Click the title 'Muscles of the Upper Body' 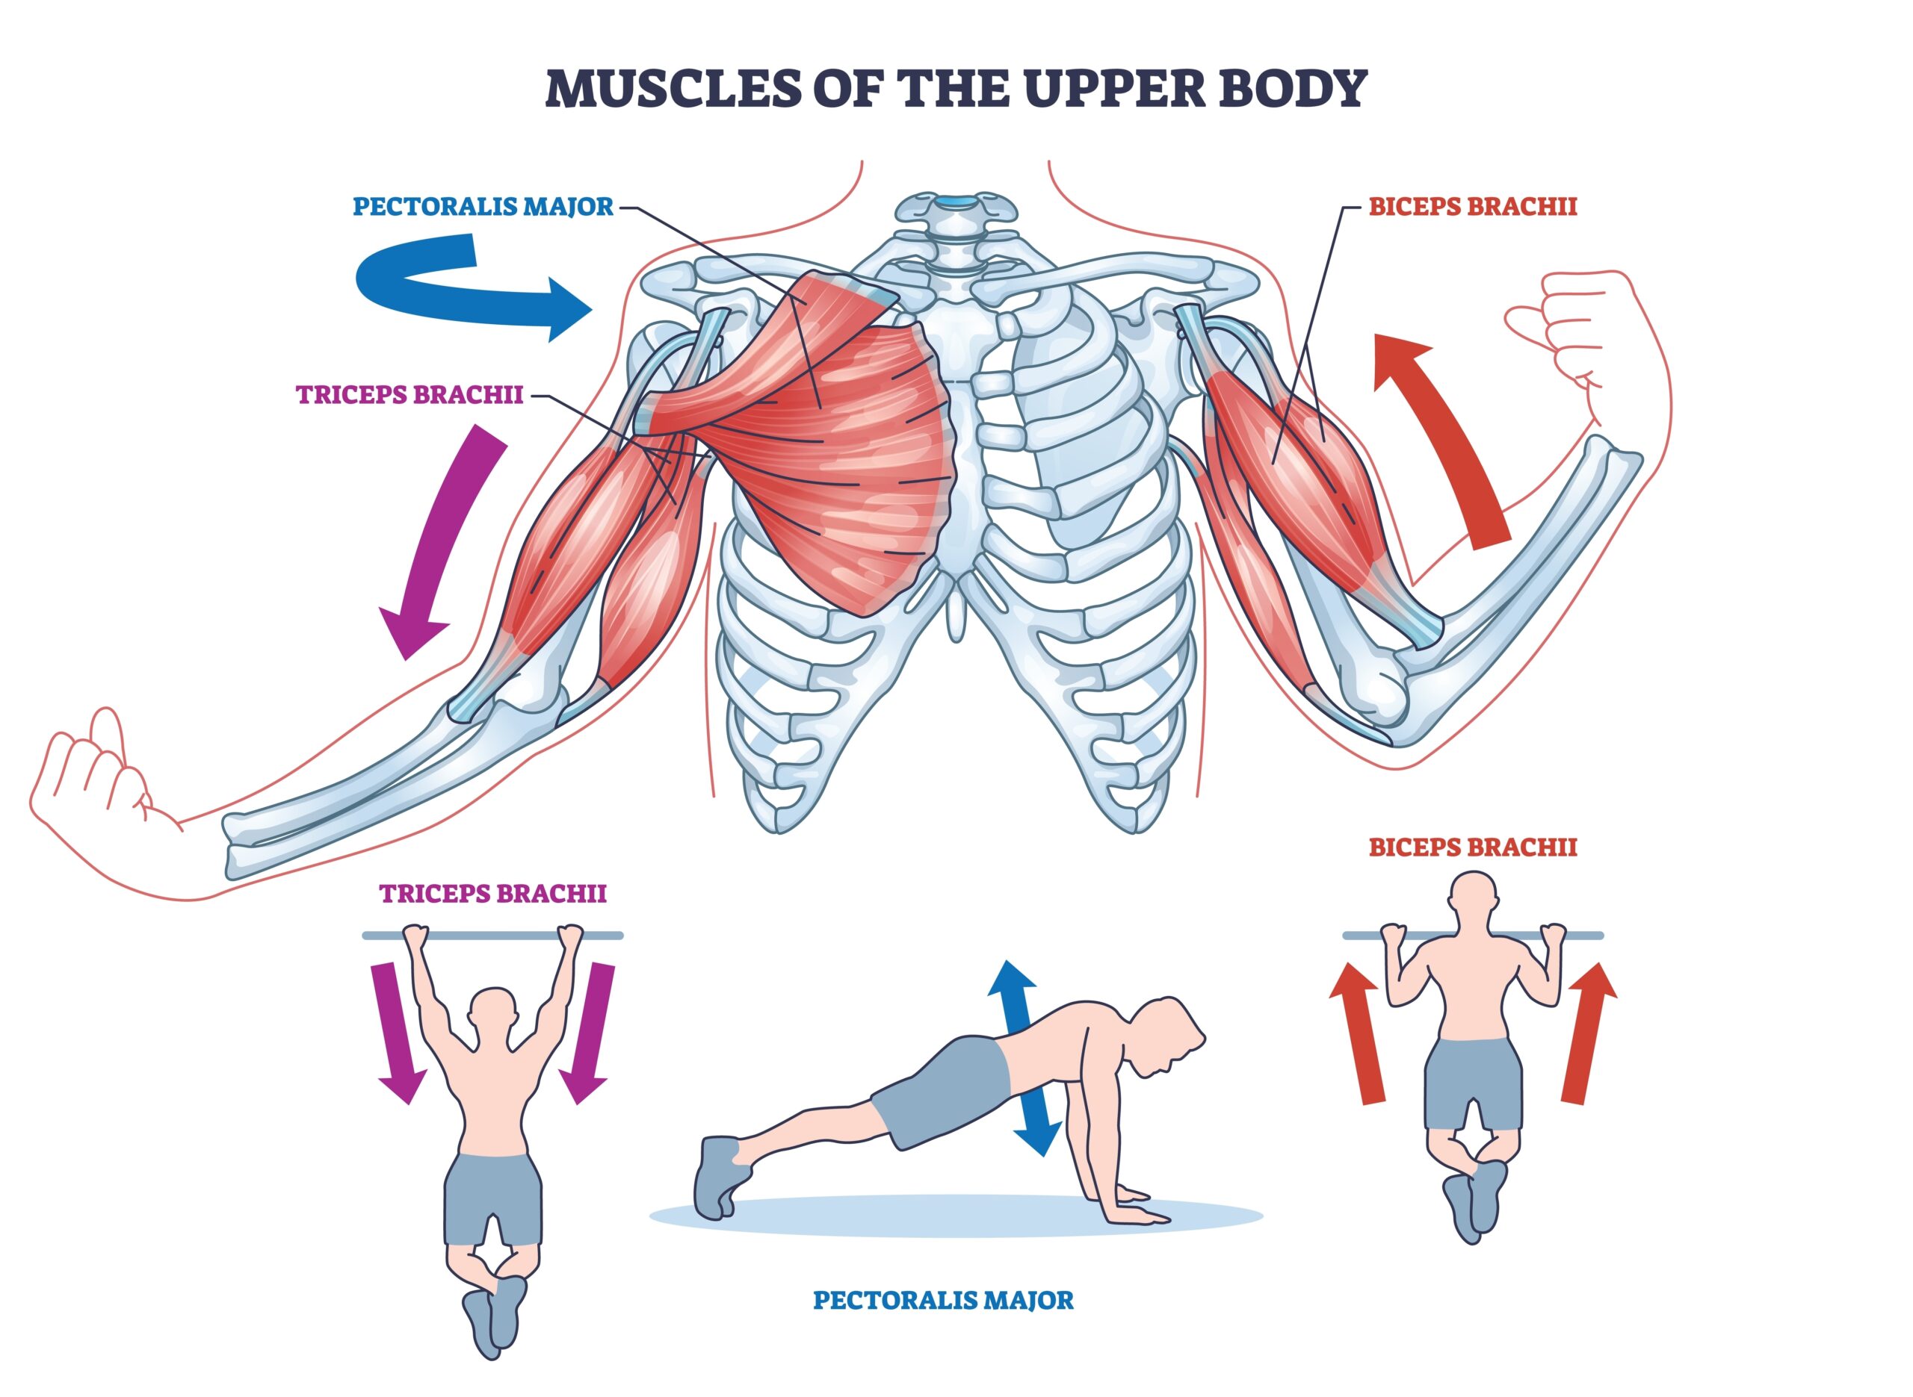[955, 88]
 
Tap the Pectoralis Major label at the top [482, 207]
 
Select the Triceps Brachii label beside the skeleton [410, 395]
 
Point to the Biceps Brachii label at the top [1472, 207]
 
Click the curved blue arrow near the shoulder [457, 287]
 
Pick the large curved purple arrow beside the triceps [440, 541]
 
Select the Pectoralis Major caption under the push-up [942, 1301]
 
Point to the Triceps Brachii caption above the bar [492, 894]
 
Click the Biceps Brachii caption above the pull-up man [1472, 847]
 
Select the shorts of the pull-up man [1473, 1083]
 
